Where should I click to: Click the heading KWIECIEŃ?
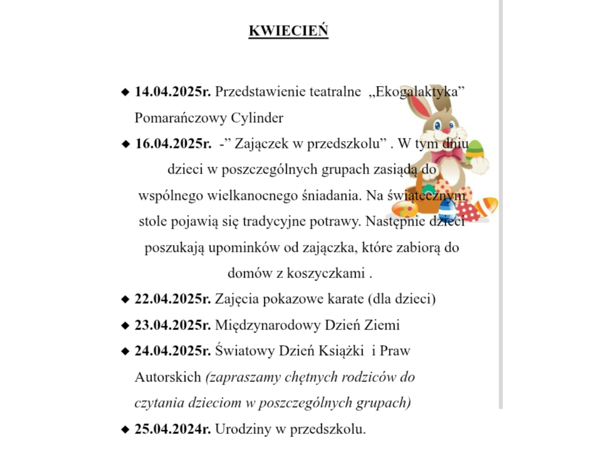288,31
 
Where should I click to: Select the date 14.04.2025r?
173,92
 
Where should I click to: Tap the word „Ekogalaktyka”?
416,92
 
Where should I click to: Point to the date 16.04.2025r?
173,143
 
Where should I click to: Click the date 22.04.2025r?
173,299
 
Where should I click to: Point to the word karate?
343,299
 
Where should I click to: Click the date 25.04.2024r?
173,429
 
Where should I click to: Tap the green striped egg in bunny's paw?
475,149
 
